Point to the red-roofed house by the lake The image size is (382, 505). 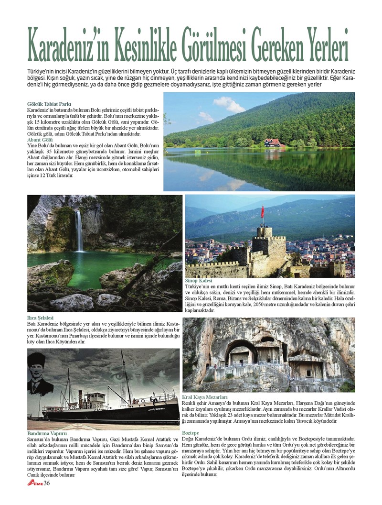click(x=273, y=143)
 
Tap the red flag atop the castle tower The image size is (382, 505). click(x=262, y=212)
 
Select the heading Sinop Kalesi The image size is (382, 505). click(x=198, y=281)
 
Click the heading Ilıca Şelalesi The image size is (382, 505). click(x=41, y=318)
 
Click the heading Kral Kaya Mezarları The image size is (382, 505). click(x=204, y=397)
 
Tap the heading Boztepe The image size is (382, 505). click(x=191, y=433)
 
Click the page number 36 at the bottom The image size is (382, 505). click(x=47, y=496)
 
